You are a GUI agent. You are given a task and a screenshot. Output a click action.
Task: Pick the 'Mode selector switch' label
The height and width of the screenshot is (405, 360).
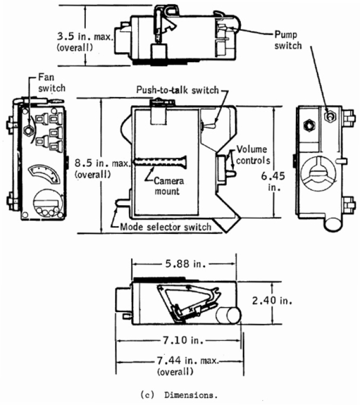coord(166,227)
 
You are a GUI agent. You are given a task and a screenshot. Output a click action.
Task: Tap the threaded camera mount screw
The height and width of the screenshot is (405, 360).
coord(161,161)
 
